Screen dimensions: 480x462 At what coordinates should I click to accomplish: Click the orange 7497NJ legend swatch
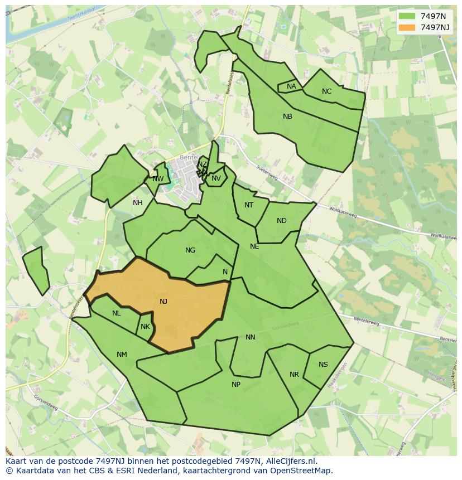(x=407, y=27)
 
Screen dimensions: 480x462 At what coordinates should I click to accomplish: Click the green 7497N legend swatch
(x=407, y=16)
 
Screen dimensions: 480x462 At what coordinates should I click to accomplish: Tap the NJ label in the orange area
(x=163, y=302)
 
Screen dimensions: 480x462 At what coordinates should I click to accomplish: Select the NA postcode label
(x=291, y=86)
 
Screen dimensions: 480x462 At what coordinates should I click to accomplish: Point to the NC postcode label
(x=326, y=91)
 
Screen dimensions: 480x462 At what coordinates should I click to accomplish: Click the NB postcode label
(x=287, y=117)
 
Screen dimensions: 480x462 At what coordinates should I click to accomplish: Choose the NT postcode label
(x=249, y=205)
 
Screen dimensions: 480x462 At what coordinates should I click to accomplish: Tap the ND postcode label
(x=281, y=221)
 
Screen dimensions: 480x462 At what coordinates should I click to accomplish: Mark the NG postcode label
(x=190, y=250)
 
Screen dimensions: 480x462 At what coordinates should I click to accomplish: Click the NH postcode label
(x=137, y=203)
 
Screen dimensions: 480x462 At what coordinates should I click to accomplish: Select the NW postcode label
(x=158, y=179)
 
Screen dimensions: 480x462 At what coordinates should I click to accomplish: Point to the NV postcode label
(x=216, y=178)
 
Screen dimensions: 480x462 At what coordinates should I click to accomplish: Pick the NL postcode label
(x=116, y=313)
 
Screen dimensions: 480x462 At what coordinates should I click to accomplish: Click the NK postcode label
(x=145, y=327)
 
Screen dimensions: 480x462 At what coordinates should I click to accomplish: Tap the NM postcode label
(x=122, y=355)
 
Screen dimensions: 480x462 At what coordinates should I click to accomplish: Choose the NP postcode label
(x=236, y=385)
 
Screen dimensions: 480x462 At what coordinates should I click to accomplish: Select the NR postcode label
(x=294, y=375)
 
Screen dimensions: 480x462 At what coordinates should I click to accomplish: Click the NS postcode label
(x=323, y=365)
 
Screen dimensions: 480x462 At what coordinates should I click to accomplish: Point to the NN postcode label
(x=251, y=337)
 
